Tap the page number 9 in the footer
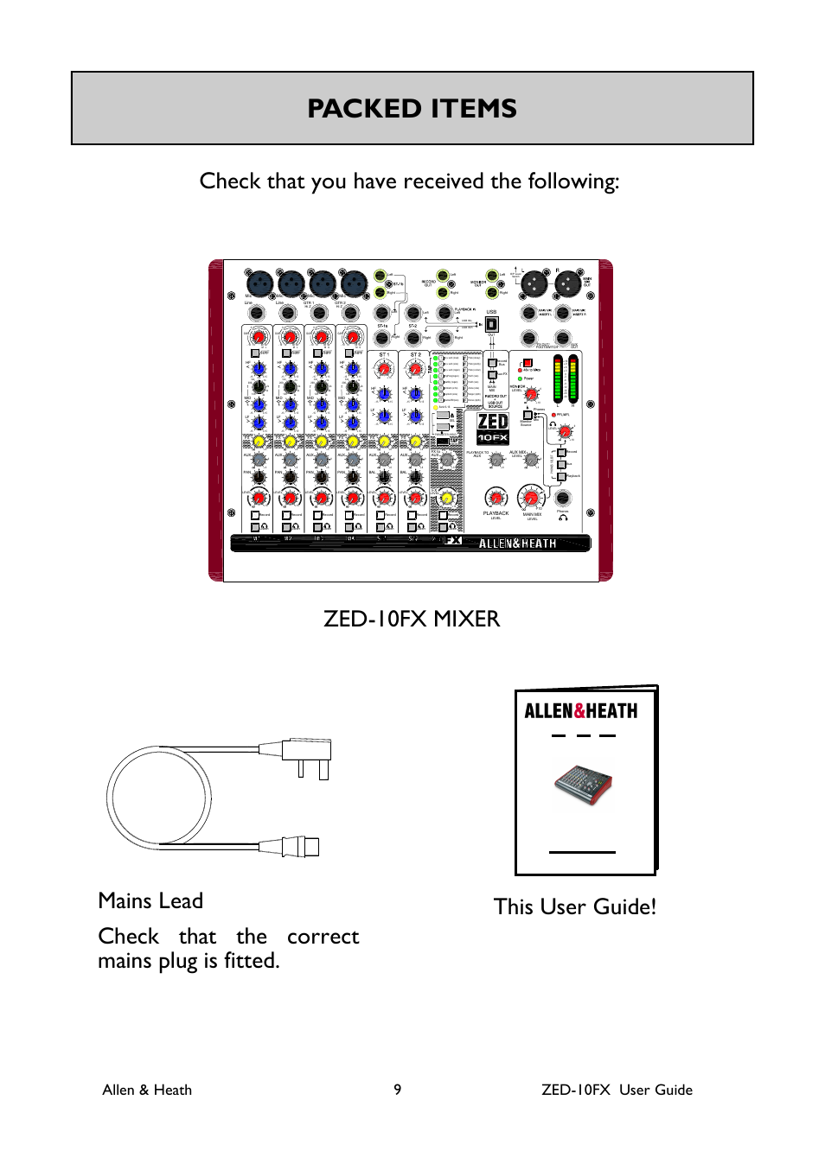pyautogui.click(x=398, y=1090)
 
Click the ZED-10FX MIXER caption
pyautogui.click(x=412, y=619)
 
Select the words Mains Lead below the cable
pyautogui.click(x=150, y=900)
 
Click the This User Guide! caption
pyautogui.click(x=575, y=906)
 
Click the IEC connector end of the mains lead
pyautogui.click(x=299, y=846)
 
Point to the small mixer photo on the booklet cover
pyautogui.click(x=583, y=786)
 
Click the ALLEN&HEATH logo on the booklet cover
pyautogui.click(x=581, y=711)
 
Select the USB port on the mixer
pyautogui.click(x=491, y=324)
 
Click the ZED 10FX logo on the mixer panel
pyautogui.click(x=493, y=428)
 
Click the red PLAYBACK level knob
pyautogui.click(x=496, y=497)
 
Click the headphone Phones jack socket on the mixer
pyautogui.click(x=562, y=498)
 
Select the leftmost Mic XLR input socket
pyautogui.click(x=259, y=283)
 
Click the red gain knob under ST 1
pyautogui.click(x=384, y=370)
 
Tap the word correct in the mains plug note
pyautogui.click(x=323, y=937)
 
